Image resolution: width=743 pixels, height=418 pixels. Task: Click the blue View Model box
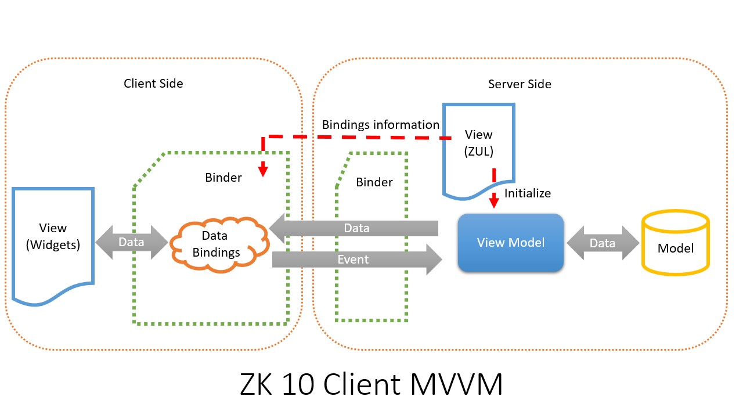(510, 243)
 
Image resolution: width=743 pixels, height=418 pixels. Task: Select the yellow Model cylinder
(675, 243)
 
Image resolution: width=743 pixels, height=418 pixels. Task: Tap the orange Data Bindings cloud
(219, 244)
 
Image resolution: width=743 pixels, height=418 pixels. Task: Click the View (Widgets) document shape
(53, 246)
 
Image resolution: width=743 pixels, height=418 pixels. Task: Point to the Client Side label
(153, 84)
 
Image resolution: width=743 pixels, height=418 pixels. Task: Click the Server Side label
(520, 84)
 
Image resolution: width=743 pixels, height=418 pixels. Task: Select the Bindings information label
(380, 125)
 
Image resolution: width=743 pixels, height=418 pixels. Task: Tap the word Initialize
(528, 193)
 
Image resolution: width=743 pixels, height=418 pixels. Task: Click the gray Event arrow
(357, 260)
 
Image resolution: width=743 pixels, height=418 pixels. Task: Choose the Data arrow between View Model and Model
(603, 243)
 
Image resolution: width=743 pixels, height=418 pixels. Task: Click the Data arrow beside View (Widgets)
(132, 242)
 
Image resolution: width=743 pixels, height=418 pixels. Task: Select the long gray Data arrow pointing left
(354, 228)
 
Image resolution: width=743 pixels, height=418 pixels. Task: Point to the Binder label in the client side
(223, 178)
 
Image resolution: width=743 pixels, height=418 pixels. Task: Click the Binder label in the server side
(374, 182)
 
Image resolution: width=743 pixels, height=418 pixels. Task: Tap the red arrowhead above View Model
(494, 200)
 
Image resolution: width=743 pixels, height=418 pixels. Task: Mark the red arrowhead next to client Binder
(263, 169)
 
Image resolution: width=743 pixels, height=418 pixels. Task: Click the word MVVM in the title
(456, 384)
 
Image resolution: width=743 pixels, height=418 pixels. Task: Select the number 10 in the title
(298, 384)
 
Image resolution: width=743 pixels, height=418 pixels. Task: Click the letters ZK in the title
(256, 384)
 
